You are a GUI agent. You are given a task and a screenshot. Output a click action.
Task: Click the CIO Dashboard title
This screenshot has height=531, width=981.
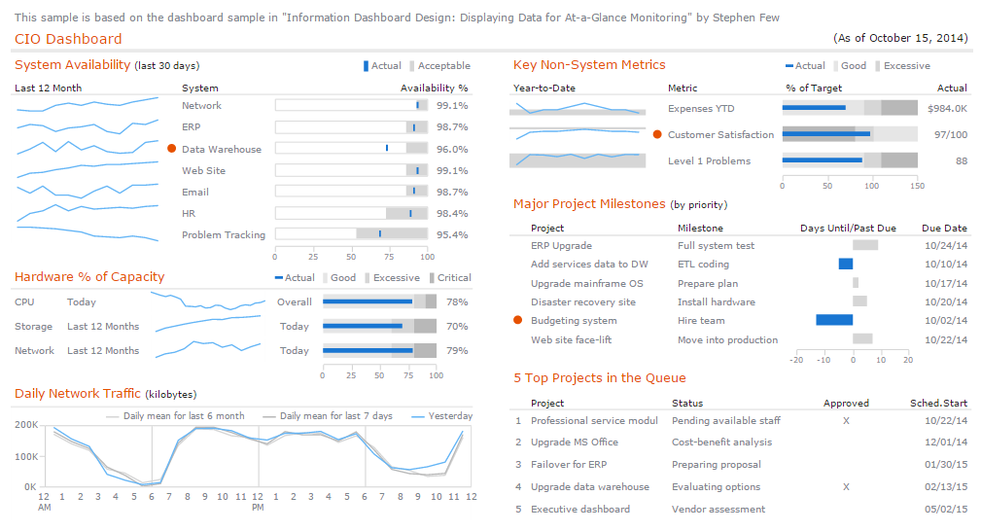[x=68, y=39]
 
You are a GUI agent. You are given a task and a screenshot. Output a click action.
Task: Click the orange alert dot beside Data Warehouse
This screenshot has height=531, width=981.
[x=171, y=149]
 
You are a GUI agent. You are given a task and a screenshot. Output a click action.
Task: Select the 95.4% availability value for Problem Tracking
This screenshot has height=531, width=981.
[x=452, y=234]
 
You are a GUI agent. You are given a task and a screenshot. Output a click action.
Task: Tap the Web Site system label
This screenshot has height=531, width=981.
[x=203, y=170]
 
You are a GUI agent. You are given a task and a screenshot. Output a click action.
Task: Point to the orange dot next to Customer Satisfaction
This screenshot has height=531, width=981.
[x=657, y=134]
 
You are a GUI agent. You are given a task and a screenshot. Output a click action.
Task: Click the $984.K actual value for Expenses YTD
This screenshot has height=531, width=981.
[x=947, y=108]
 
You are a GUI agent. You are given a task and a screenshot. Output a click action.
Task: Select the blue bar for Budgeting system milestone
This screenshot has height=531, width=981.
[x=833, y=320]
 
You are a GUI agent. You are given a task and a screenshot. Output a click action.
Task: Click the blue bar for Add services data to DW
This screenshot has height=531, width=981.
[x=845, y=264]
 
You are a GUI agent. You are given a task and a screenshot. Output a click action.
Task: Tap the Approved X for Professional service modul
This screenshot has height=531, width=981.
[x=846, y=420]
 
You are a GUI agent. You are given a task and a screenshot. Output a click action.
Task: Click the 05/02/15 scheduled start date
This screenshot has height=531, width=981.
[x=944, y=509]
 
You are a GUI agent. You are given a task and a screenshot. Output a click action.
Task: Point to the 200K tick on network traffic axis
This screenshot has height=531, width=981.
[x=26, y=426]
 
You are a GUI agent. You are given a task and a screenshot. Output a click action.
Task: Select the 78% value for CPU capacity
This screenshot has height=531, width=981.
[x=457, y=301]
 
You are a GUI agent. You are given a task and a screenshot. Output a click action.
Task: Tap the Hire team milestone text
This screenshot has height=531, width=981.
[x=700, y=320]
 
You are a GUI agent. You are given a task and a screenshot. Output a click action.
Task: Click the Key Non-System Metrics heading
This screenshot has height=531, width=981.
[x=589, y=65]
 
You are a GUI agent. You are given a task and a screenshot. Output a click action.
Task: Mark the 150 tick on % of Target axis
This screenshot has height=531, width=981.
[x=917, y=185]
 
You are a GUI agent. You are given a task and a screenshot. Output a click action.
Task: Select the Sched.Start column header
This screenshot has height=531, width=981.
[x=938, y=403]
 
